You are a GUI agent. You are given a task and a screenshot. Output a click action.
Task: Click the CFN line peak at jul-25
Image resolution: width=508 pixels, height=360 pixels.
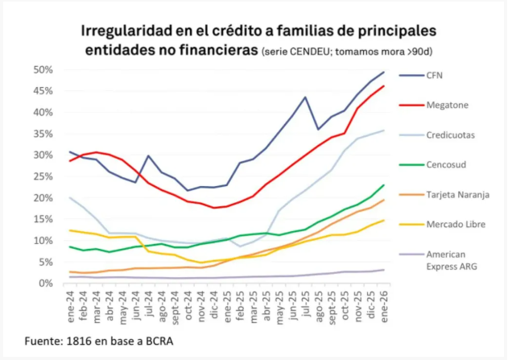point(305,97)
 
